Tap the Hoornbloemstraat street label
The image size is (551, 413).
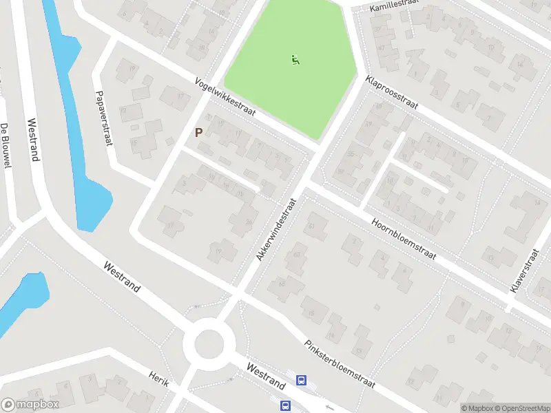404,240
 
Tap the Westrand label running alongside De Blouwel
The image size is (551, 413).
32,140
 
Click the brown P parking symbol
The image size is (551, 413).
199,132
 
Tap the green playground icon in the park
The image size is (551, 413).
295,60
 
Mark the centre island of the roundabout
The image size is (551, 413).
210,343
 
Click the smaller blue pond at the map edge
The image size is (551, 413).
21,299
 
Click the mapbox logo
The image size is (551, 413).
30,404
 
